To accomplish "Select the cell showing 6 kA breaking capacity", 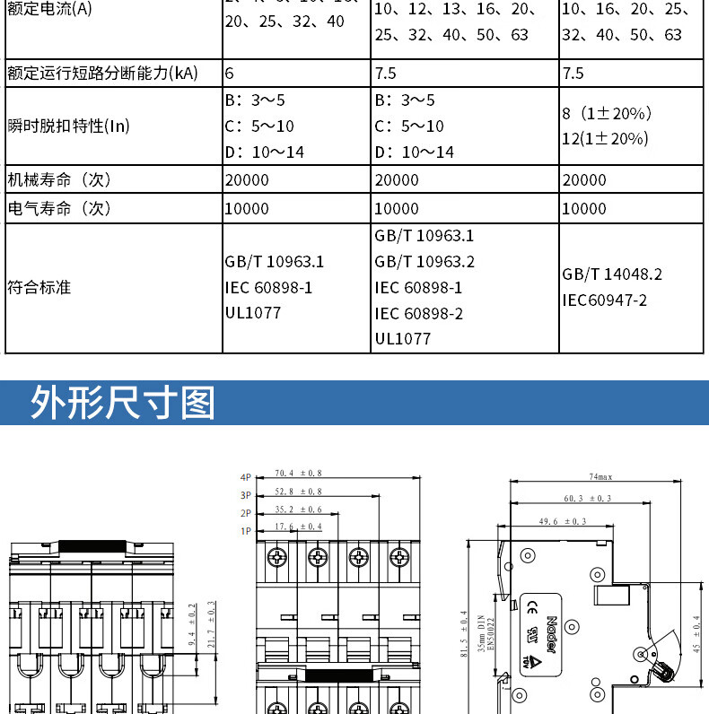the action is coord(230,74).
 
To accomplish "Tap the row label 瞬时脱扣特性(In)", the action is coord(68,126).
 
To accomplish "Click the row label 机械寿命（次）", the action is coord(59,180).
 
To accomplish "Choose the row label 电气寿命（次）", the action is coord(59,209).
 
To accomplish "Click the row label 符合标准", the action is coord(39,288).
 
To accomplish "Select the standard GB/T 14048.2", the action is coord(612,274).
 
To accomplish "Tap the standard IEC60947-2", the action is coord(605,300).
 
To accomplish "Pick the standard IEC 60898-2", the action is coord(419,313).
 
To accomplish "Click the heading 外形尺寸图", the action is coord(124,403).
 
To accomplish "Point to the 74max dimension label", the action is coord(600,476).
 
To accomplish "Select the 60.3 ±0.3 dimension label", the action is coord(588,499).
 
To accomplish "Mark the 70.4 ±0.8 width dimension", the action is coord(298,473).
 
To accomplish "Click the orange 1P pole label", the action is coord(246,530).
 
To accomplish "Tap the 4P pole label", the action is coord(246,476).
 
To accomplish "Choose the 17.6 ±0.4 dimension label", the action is coord(298,527).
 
